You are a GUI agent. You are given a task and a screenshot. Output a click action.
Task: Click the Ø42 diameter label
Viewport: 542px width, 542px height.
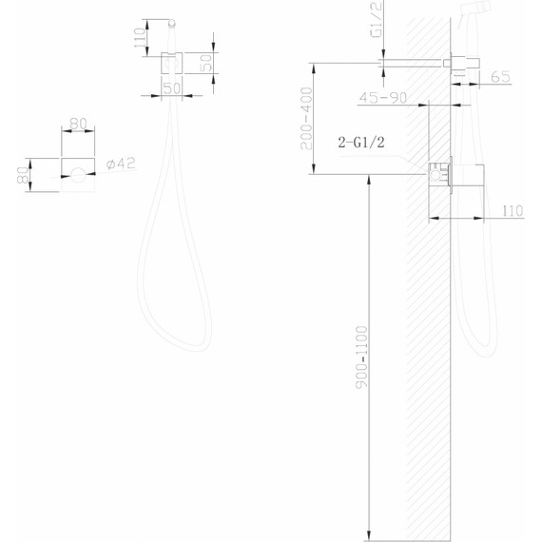(121, 164)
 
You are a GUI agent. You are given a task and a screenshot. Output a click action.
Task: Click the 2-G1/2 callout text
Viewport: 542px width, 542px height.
(361, 142)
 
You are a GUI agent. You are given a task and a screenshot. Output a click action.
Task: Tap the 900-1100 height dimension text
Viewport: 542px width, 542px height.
(361, 358)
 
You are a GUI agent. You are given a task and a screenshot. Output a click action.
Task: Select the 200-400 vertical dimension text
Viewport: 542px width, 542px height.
(306, 118)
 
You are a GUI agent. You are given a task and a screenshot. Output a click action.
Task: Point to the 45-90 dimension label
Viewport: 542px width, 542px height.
(383, 98)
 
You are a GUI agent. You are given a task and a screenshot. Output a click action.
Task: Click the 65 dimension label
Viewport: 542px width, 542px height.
(500, 77)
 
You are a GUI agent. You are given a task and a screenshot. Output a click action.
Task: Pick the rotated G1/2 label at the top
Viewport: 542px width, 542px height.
(377, 19)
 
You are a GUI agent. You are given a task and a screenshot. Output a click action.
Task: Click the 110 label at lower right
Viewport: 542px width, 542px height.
(513, 210)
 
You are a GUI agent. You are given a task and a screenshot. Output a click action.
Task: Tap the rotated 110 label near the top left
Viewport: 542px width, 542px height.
(139, 38)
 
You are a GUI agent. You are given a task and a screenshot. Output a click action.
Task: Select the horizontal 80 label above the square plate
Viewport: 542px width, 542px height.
(78, 124)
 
